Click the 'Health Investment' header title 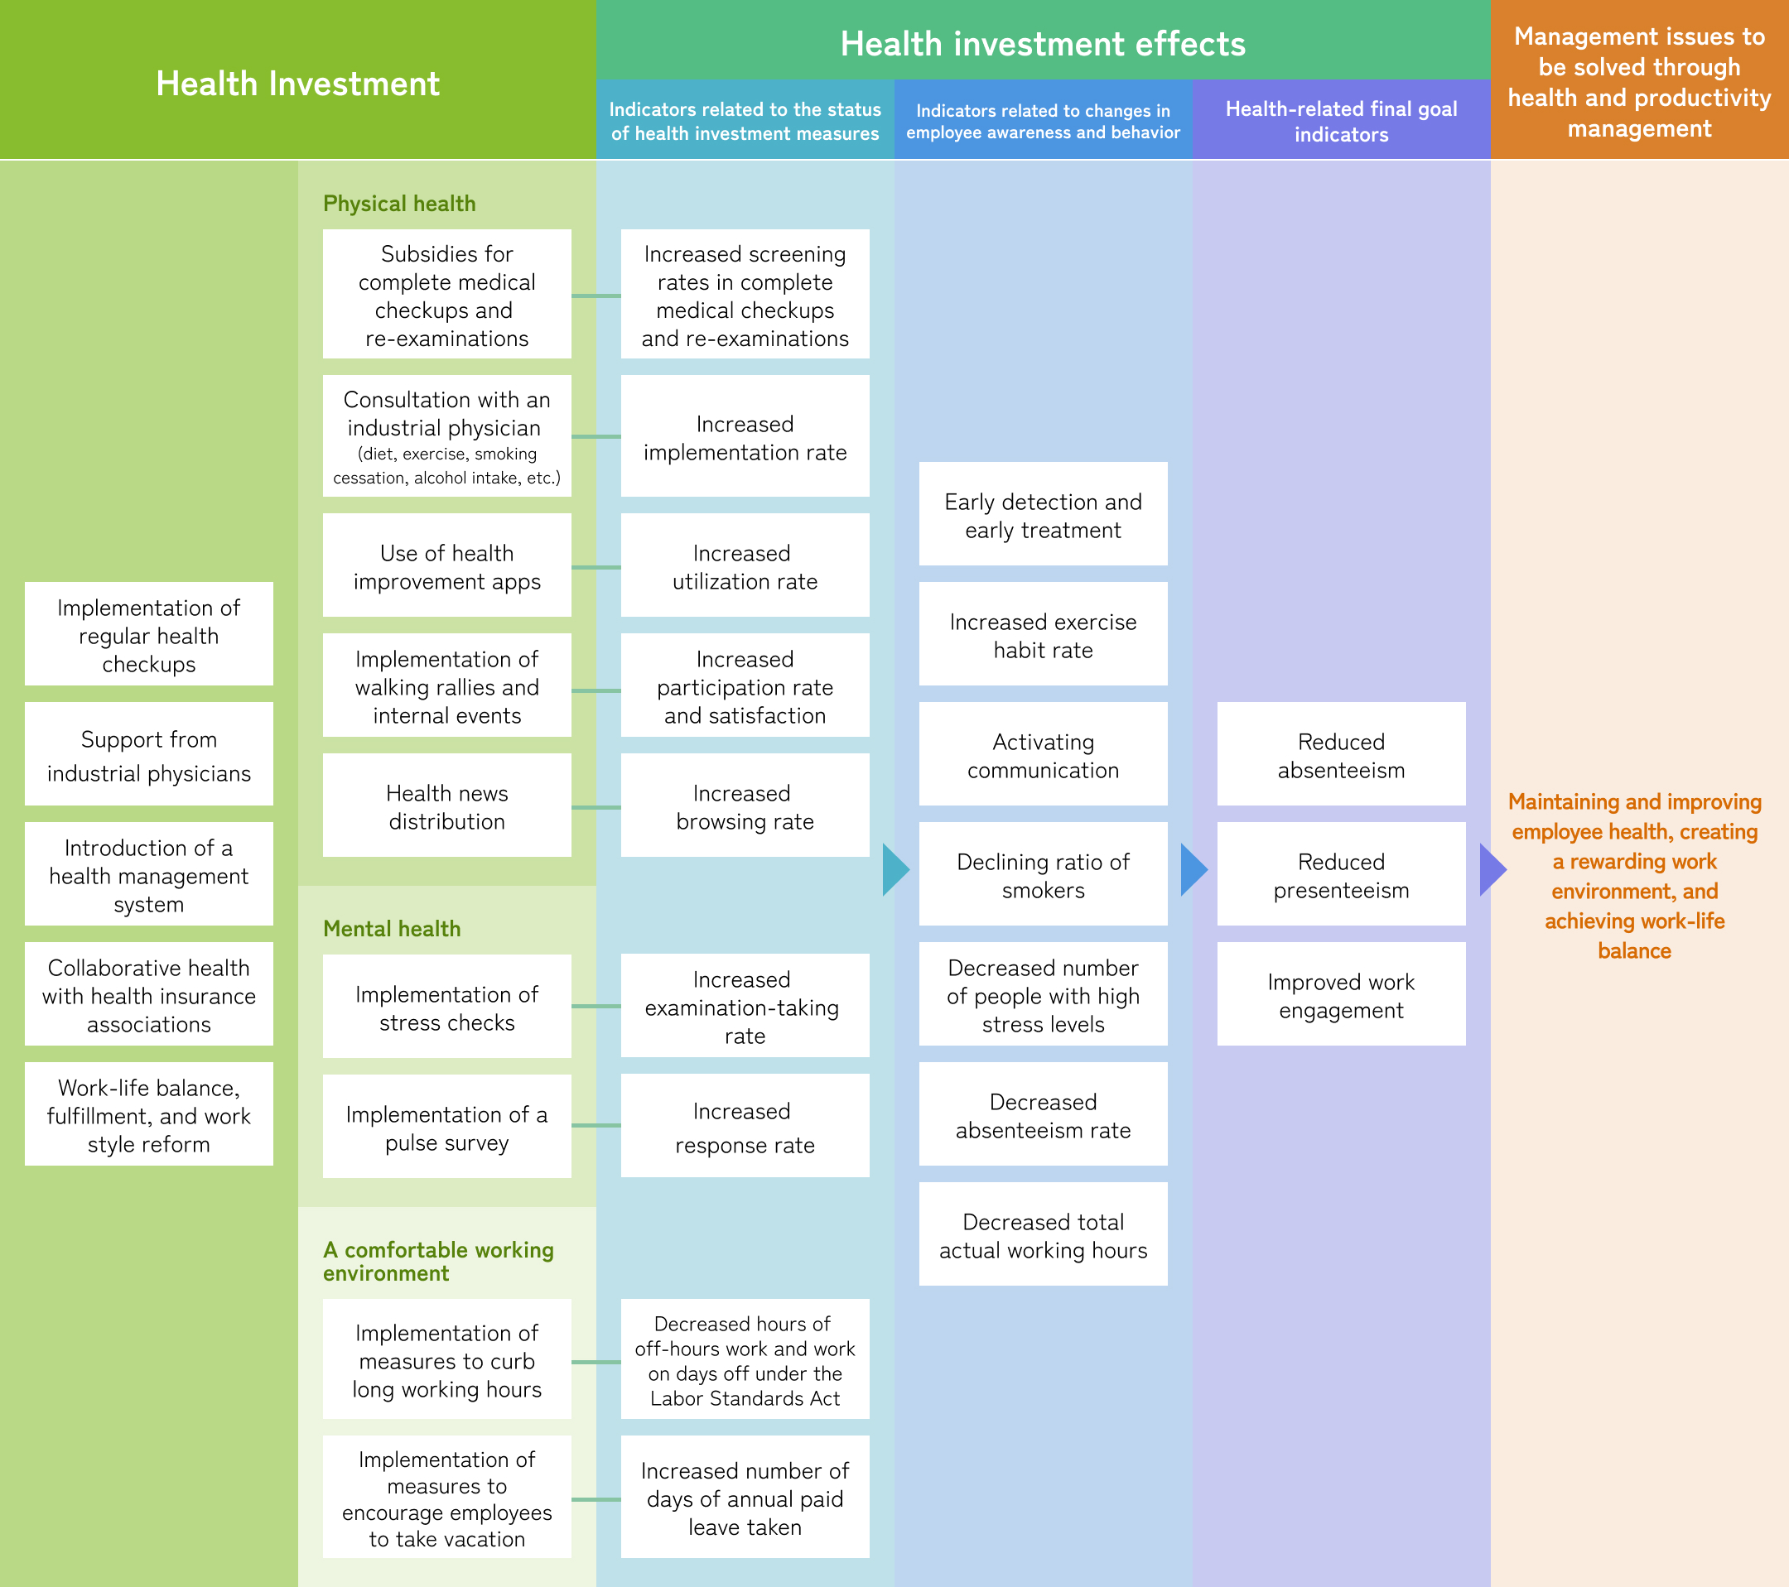click(297, 84)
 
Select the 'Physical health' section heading click(399, 204)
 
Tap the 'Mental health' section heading click(391, 928)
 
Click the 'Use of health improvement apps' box click(446, 566)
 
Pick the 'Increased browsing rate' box click(745, 806)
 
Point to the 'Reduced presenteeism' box click(1341, 874)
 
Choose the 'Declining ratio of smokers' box click(1043, 874)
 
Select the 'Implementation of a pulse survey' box click(446, 1127)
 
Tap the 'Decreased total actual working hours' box click(1043, 1234)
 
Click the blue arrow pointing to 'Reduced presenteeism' click(1193, 869)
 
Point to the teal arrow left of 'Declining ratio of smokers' click(895, 869)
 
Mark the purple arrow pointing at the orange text click(1492, 869)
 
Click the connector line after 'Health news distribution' click(596, 807)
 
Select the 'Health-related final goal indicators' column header click(1341, 121)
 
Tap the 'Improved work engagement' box click(1341, 995)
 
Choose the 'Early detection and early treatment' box click(1043, 514)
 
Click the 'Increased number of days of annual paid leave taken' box click(745, 1497)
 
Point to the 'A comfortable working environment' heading click(437, 1261)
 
